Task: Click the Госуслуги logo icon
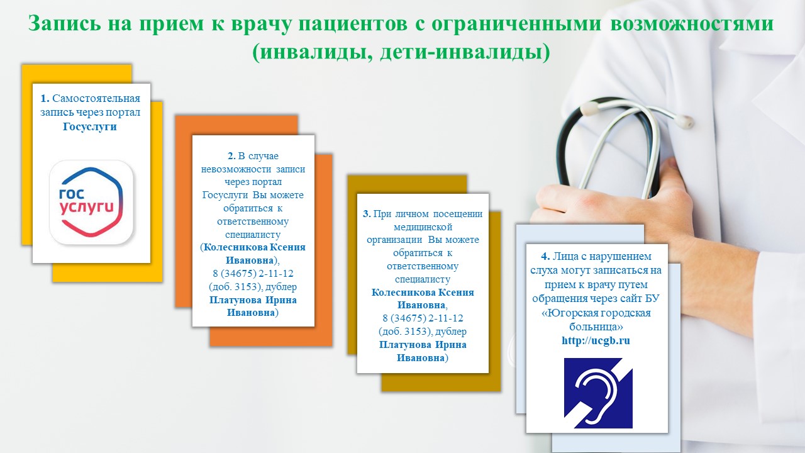tap(91, 203)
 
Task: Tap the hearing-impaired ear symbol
tap(598, 393)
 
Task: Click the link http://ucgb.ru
tap(596, 340)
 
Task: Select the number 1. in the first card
tap(45, 98)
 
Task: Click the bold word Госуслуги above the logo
tap(90, 126)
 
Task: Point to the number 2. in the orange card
tap(232, 155)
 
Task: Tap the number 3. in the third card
tap(367, 214)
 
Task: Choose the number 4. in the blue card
tap(545, 256)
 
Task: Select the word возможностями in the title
tap(692, 23)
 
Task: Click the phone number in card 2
tap(253, 274)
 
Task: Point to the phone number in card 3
tap(423, 318)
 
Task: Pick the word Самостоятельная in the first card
tap(96, 98)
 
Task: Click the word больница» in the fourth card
tap(596, 327)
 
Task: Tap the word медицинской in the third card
tap(423, 227)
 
